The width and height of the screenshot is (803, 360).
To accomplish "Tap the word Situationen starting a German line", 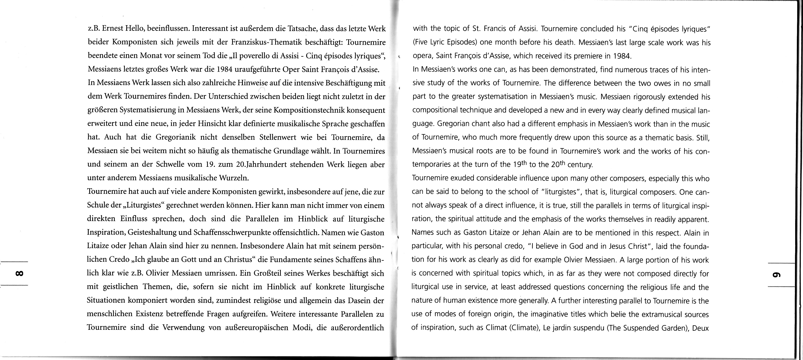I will click(105, 300).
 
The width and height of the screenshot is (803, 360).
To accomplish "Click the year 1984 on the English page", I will click(622, 56).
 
